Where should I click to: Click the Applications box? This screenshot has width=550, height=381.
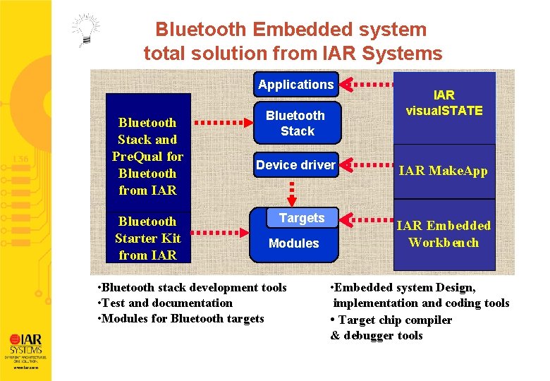coord(295,85)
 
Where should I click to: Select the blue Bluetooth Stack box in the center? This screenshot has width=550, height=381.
coord(296,123)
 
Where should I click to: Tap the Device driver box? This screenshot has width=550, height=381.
coord(295,165)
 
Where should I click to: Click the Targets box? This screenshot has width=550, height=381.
coord(301,218)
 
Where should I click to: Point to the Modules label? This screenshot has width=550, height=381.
coord(294,243)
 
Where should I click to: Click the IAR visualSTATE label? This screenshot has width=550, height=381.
coord(444,103)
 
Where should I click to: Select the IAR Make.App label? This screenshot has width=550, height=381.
coord(444,171)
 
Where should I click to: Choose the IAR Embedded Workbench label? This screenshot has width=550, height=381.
coord(444,234)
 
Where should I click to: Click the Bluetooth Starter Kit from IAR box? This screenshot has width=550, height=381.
coord(147,238)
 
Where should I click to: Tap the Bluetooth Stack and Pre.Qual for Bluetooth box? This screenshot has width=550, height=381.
coord(147,156)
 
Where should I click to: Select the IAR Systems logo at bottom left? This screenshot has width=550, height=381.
coord(25,344)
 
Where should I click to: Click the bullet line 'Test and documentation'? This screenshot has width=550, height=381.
coord(166,303)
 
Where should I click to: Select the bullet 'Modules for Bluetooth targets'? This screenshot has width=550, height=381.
coord(182,319)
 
